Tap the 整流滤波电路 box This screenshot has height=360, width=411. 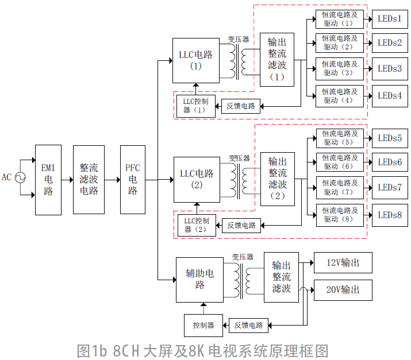[x=89, y=179]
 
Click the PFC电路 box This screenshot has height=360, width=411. [x=133, y=179]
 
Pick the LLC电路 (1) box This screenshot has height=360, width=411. [x=195, y=60]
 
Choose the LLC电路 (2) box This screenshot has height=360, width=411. [x=196, y=179]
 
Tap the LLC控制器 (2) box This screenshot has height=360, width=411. [x=196, y=225]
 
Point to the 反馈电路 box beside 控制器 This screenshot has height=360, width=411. [x=248, y=325]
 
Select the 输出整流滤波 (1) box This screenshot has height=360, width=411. [x=277, y=60]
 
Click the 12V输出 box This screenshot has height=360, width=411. [x=343, y=264]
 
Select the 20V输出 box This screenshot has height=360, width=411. [x=343, y=290]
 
